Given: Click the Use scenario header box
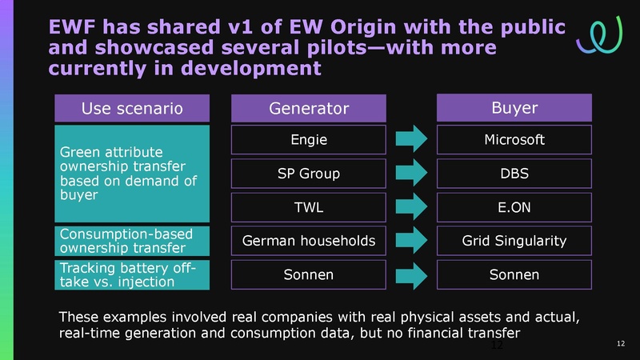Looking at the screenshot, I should (133, 107).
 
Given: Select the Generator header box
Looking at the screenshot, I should (309, 107).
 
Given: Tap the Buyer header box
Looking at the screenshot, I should (514, 107).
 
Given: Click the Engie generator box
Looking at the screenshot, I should (309, 140).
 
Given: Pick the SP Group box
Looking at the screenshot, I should (309, 174).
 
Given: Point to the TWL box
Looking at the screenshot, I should (309, 207).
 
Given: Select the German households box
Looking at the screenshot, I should (309, 240).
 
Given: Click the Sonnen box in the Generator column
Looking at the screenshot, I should (309, 274).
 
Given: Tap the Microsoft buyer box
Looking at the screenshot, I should (514, 140).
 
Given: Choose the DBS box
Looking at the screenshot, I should (514, 174).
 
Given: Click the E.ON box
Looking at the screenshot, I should (514, 207).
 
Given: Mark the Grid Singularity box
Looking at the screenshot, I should (514, 240).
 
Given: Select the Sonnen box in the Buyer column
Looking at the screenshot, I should (514, 274).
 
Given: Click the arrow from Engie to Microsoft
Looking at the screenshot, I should (412, 141).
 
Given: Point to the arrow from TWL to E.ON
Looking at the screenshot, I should (412, 208).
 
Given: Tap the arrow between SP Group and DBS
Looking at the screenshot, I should (412, 174).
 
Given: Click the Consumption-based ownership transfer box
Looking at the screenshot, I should (133, 240).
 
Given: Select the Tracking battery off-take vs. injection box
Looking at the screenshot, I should (133, 274).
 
